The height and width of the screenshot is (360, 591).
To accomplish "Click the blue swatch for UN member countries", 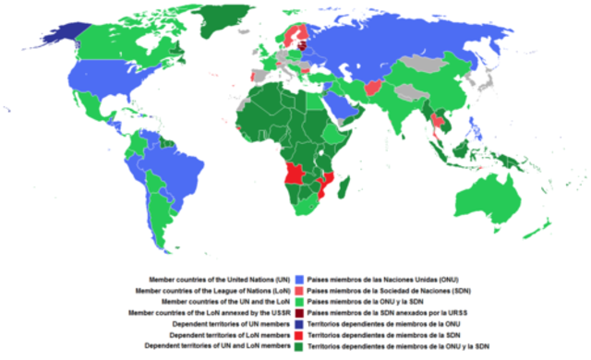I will click(x=299, y=278).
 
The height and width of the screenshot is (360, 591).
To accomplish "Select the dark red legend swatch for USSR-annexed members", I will click(x=299, y=313).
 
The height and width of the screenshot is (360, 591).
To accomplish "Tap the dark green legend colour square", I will click(x=299, y=347).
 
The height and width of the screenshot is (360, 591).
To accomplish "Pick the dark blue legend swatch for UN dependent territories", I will click(x=299, y=324).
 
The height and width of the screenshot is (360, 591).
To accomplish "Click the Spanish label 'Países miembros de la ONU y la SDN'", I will click(x=370, y=301).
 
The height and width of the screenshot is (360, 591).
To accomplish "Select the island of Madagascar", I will click(x=344, y=191).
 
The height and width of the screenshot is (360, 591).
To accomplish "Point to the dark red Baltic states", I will click(x=301, y=40).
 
